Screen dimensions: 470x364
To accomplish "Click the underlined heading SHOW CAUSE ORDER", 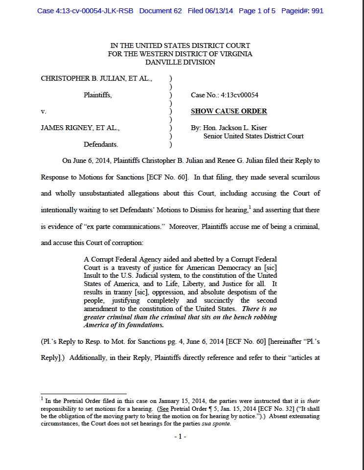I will pyautogui.click(x=228, y=111).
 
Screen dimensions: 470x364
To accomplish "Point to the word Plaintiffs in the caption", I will pyautogui.click(x=97, y=95).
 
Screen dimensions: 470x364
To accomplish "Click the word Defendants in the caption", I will pyautogui.click(x=101, y=145).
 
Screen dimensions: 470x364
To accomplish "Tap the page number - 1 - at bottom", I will pyautogui.click(x=181, y=436).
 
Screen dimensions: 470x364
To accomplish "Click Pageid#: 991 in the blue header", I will pyautogui.click(x=301, y=11).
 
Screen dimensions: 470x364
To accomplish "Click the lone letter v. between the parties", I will pyautogui.click(x=44, y=112).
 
